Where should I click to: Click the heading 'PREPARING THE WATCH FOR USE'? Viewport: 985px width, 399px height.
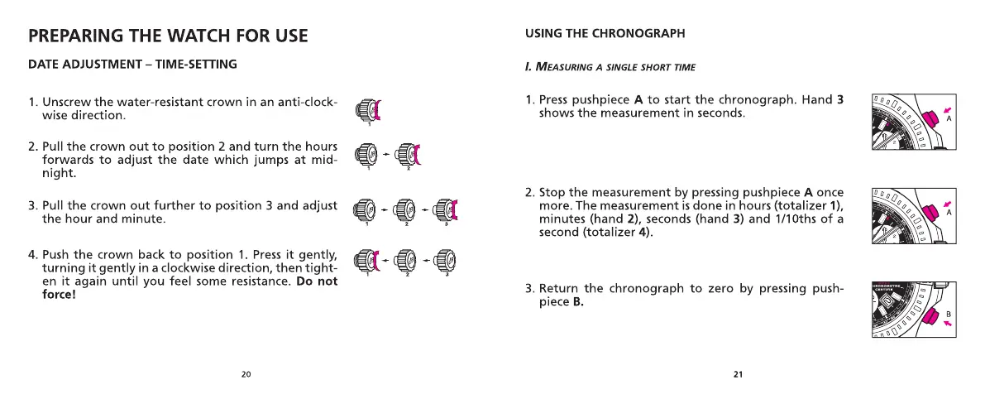[x=168, y=36]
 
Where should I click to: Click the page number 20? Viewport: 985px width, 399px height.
[x=246, y=375]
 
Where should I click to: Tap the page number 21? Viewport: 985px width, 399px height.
[x=738, y=375]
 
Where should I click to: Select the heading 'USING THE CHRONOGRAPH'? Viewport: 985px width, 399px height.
[x=605, y=34]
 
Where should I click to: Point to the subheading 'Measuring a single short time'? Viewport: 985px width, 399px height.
[x=610, y=67]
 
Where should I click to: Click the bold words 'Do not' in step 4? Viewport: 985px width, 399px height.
[x=317, y=281]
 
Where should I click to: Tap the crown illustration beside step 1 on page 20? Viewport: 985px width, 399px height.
[x=367, y=109]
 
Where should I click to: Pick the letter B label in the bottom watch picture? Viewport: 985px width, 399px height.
[x=949, y=314]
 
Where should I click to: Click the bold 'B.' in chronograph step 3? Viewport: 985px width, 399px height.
[x=578, y=302]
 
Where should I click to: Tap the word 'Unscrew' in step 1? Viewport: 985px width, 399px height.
[x=67, y=103]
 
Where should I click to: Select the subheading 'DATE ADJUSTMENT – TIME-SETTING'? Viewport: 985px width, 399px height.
[x=132, y=65]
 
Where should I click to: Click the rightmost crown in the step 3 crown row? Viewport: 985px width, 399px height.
[x=446, y=209]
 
